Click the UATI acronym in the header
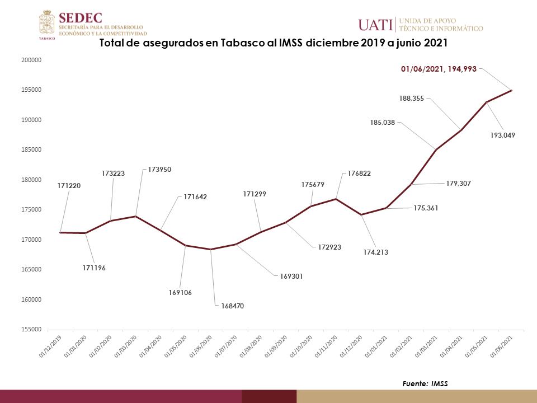click(x=375, y=25)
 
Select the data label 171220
click(x=69, y=185)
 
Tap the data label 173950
click(x=160, y=168)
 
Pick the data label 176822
click(x=358, y=174)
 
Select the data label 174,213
click(x=375, y=252)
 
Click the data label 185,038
click(x=383, y=122)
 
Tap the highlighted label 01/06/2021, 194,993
click(x=439, y=69)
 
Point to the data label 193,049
click(x=502, y=135)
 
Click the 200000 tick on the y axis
click(x=33, y=60)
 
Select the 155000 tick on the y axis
click(x=33, y=330)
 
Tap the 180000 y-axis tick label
click(x=33, y=180)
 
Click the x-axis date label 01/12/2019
click(x=50, y=345)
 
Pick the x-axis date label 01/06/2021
click(x=503, y=345)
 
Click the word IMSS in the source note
click(x=439, y=383)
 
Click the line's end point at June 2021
click(x=511, y=90)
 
